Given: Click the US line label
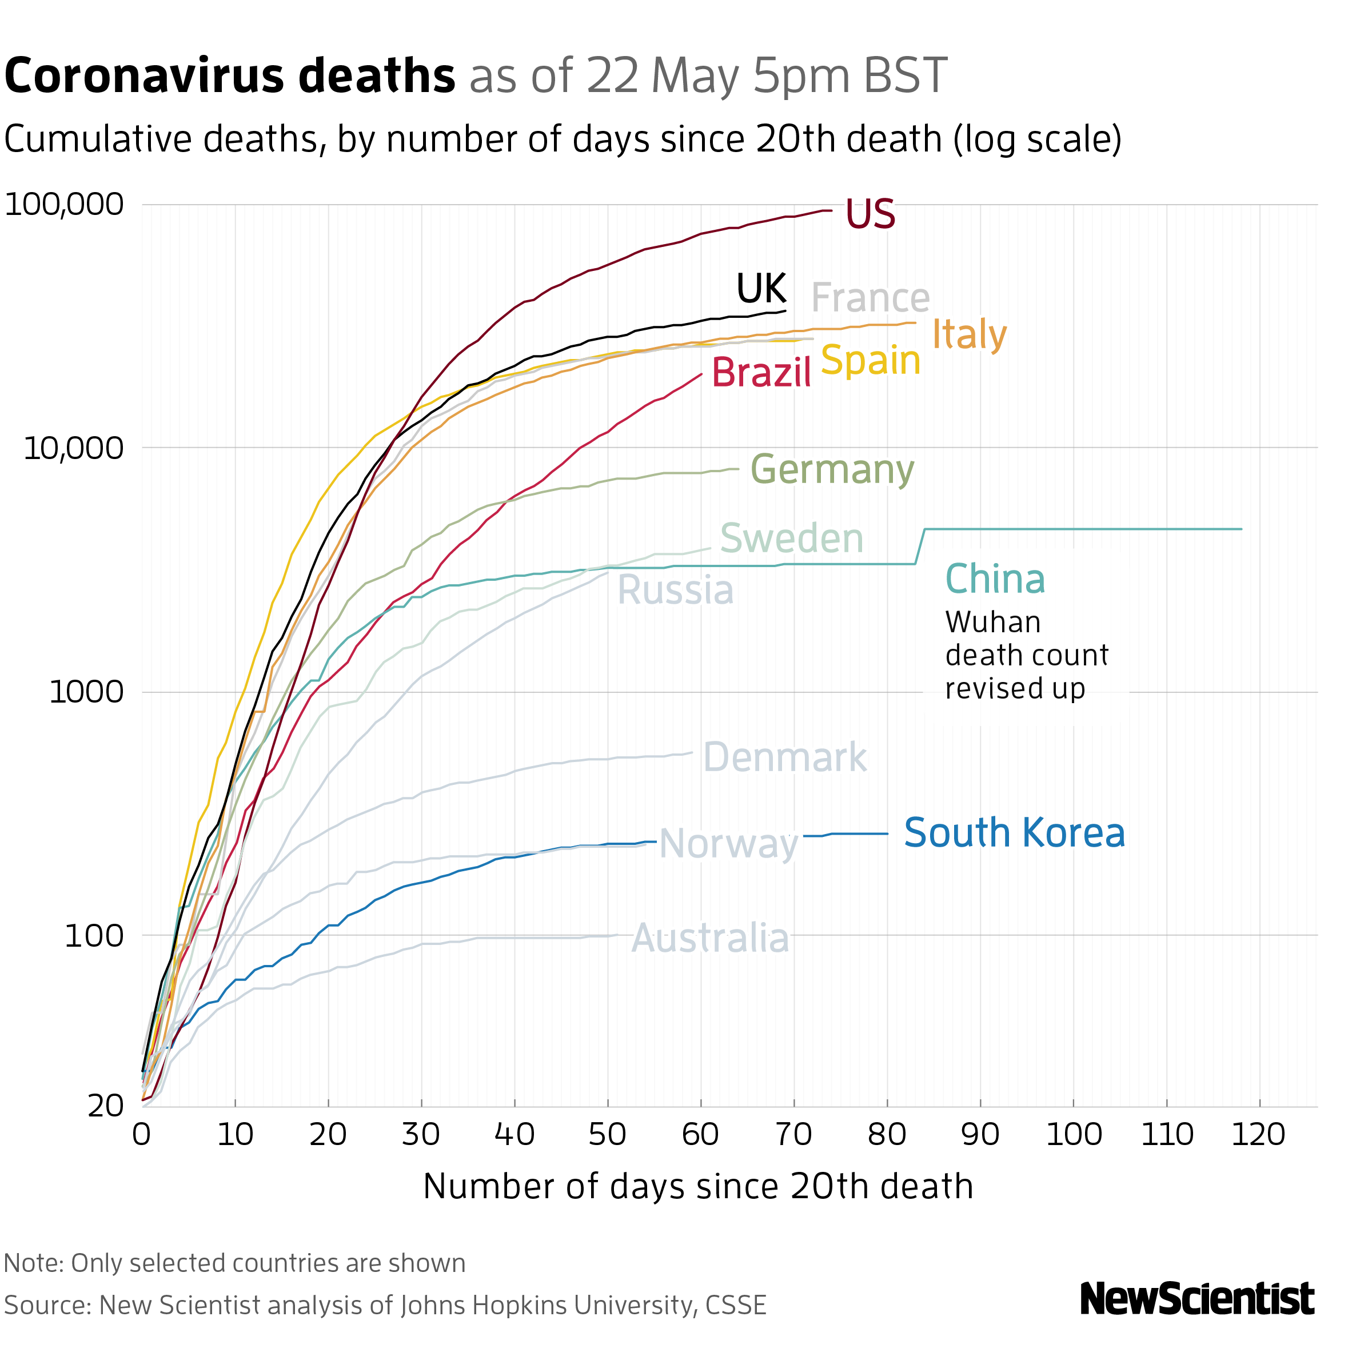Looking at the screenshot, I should click(870, 214).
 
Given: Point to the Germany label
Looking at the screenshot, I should click(832, 469).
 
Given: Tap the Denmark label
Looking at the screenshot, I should click(785, 757).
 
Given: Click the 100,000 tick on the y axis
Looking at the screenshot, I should click(64, 205).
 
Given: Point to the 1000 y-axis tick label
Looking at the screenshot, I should click(86, 692).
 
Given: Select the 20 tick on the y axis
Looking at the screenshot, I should click(106, 1106).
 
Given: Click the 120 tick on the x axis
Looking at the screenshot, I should click(1258, 1135).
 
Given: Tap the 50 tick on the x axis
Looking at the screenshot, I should click(607, 1135).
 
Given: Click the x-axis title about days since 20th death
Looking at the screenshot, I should click(697, 1187).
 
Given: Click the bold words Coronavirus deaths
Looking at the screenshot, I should click(229, 76).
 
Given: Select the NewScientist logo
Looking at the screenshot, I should click(1196, 1299).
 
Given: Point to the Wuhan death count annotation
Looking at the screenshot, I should click(1026, 655).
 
